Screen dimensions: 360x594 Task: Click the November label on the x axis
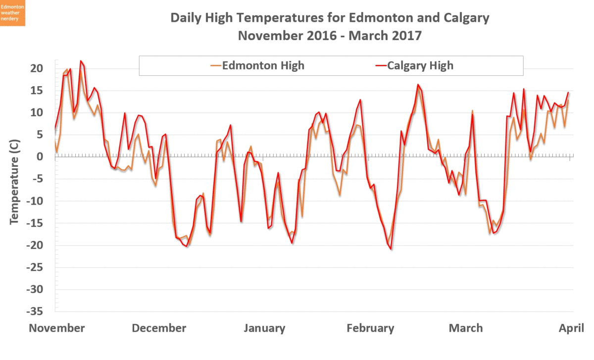57,328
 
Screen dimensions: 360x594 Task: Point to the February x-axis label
370,328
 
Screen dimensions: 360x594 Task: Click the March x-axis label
465,328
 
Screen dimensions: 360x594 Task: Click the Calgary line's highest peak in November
81,61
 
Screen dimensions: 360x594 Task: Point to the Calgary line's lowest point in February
391,249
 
